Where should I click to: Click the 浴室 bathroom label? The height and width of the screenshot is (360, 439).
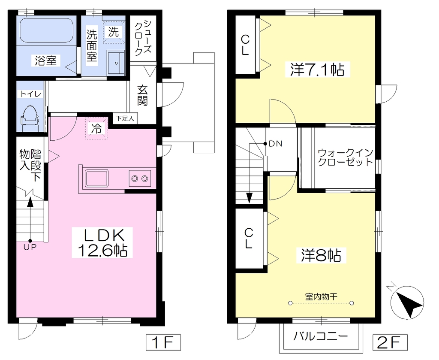(x=45, y=61)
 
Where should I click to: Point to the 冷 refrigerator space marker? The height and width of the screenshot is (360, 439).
(x=96, y=128)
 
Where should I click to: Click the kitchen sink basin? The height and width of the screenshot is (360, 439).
(x=97, y=178)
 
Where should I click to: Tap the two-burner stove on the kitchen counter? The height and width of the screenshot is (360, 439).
(x=140, y=178)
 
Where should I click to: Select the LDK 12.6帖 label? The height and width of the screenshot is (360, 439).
(x=102, y=243)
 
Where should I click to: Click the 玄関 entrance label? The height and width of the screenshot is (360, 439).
(x=142, y=95)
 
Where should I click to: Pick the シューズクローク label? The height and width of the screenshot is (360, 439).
(x=143, y=38)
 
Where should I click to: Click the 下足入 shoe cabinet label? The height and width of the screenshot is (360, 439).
(x=125, y=118)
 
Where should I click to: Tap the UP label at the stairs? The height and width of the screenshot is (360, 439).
(x=30, y=248)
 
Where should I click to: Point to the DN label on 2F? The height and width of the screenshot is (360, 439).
(x=276, y=144)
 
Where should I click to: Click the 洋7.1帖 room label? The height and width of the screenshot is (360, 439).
(x=318, y=69)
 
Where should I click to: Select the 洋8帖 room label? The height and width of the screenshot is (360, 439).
(x=321, y=255)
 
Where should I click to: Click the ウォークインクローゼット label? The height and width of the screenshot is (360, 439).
(x=346, y=157)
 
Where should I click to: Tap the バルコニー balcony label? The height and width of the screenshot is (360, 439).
(x=321, y=336)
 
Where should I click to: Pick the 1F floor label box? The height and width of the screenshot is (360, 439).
(x=163, y=342)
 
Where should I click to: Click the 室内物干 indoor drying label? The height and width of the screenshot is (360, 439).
(x=321, y=296)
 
